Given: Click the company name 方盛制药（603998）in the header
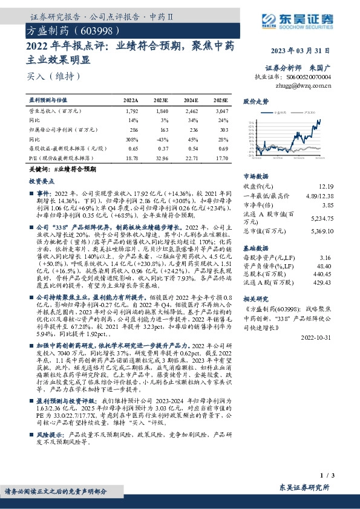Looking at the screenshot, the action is pyautogui.click(x=68, y=29).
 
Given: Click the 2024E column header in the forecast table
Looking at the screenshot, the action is pyautogui.click(x=191, y=100).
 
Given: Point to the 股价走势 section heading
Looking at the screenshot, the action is pyautogui.click(x=255, y=102).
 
